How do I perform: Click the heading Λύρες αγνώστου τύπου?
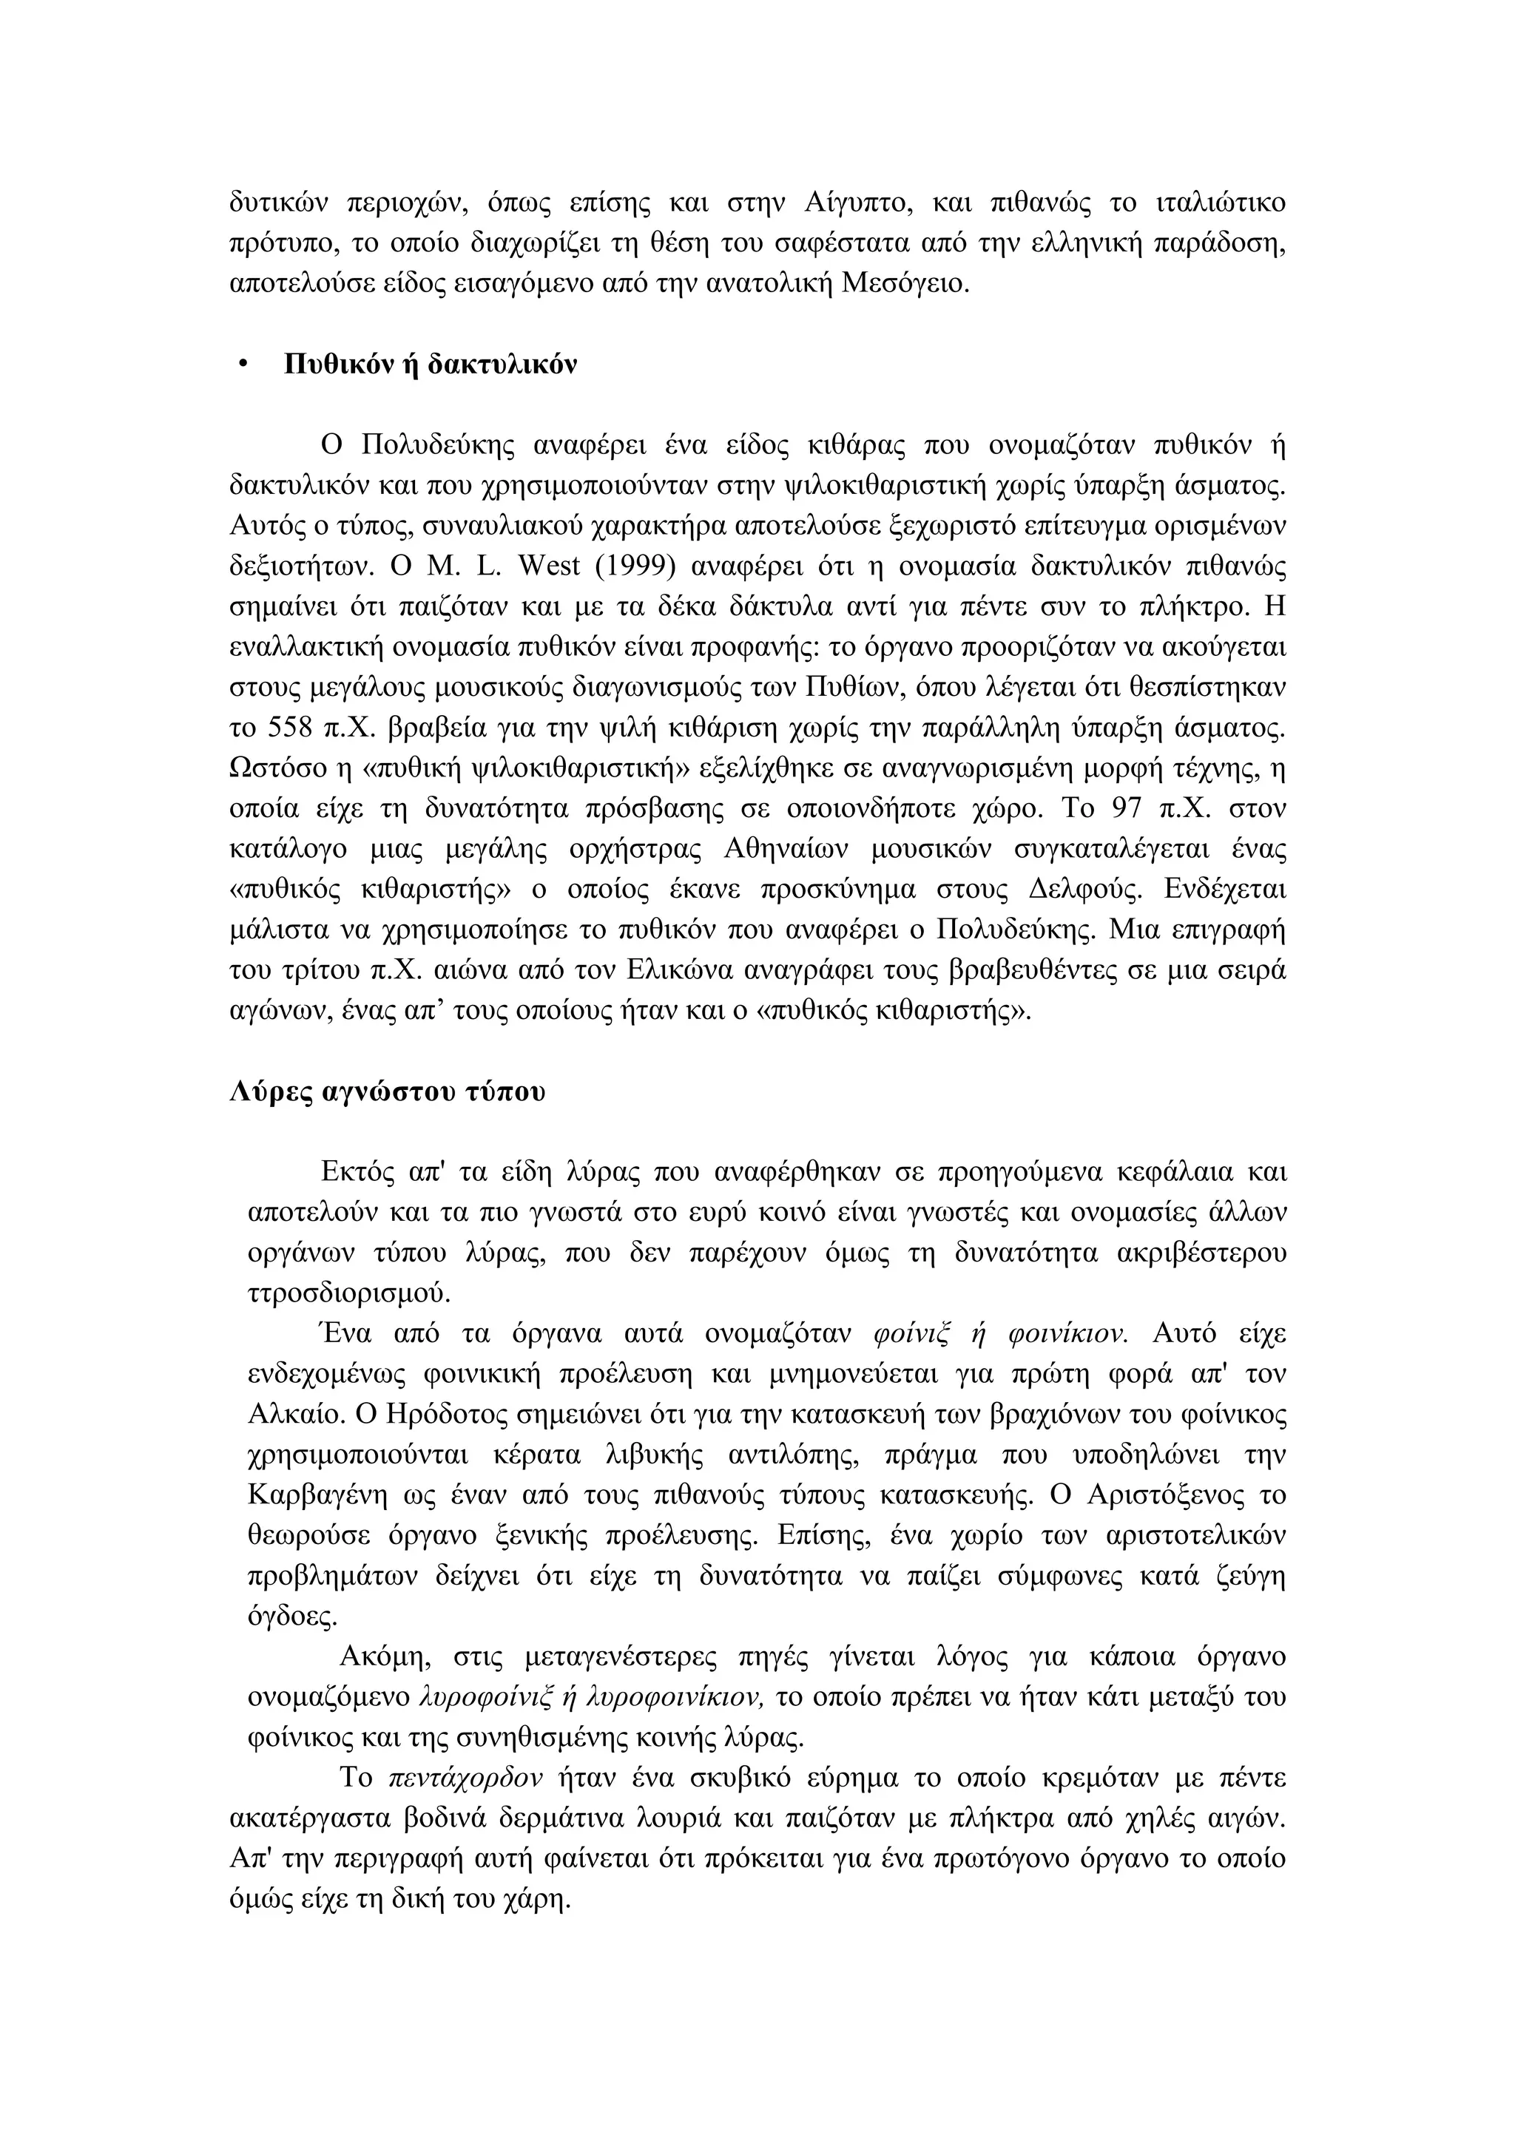(x=386, y=1091)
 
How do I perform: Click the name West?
(x=550, y=566)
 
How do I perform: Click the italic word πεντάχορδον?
(x=465, y=1777)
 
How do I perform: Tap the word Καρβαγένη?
(x=318, y=1495)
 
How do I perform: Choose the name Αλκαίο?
(x=296, y=1414)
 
